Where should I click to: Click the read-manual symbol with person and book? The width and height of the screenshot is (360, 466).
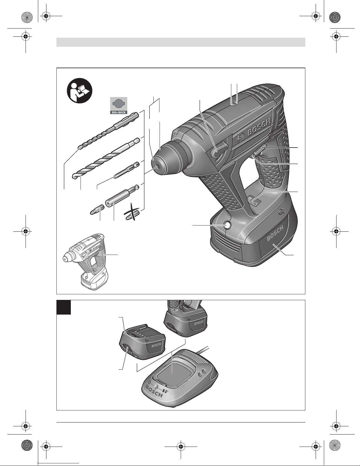80,91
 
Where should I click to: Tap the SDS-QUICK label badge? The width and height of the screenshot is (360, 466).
119,106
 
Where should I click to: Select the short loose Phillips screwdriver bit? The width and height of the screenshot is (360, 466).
97,209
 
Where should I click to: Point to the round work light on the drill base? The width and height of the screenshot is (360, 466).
227,225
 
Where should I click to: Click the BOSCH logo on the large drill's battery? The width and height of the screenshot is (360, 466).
275,233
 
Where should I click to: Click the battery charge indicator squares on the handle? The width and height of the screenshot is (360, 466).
254,201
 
